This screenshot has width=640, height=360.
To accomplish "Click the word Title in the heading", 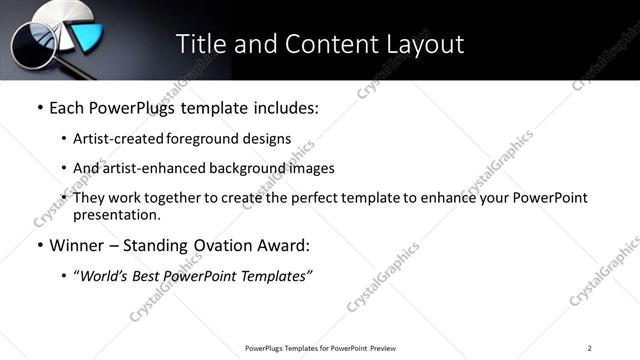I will pos(201,44).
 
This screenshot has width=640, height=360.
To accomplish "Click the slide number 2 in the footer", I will pos(589,347).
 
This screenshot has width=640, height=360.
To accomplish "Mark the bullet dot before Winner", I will pos(39,245).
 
